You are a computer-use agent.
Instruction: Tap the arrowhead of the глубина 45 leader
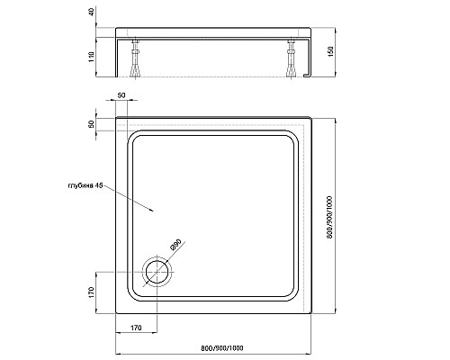point(158,211)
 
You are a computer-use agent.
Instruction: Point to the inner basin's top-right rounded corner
point(293,139)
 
